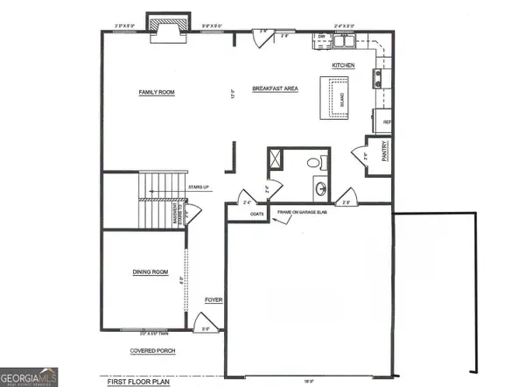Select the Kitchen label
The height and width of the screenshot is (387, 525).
point(343,67)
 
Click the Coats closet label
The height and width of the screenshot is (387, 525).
point(256,213)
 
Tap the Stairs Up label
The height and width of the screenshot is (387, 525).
point(197,187)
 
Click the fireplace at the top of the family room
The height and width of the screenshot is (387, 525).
point(164,27)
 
